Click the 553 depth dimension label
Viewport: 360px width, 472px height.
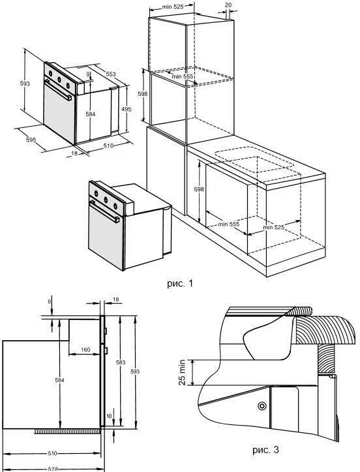[x=111, y=74]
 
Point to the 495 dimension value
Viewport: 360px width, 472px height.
[x=127, y=110]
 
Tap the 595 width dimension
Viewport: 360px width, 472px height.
[x=31, y=140]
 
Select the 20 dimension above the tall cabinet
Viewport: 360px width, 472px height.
[x=228, y=5]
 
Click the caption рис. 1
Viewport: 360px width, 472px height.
[x=179, y=283]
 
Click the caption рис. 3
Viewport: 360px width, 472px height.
[x=265, y=450]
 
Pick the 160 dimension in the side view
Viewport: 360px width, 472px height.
[x=85, y=349]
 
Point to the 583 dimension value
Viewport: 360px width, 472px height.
[x=120, y=362]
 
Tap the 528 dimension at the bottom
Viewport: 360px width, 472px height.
[x=52, y=469]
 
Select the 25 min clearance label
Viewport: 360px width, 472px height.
[x=182, y=372]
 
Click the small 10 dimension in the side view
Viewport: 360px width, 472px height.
[x=109, y=416]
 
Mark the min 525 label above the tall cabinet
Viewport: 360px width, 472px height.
[x=173, y=7]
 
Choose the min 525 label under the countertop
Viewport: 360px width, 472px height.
[x=273, y=227]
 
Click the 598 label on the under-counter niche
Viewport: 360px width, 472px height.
[x=199, y=189]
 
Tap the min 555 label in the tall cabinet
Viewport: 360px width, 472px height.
[x=182, y=76]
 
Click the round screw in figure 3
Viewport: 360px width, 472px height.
[x=262, y=406]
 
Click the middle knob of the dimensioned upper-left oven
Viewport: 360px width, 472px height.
[x=59, y=80]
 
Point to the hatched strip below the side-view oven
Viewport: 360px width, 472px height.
[x=67, y=432]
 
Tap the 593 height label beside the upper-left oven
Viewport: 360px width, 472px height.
[x=25, y=83]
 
